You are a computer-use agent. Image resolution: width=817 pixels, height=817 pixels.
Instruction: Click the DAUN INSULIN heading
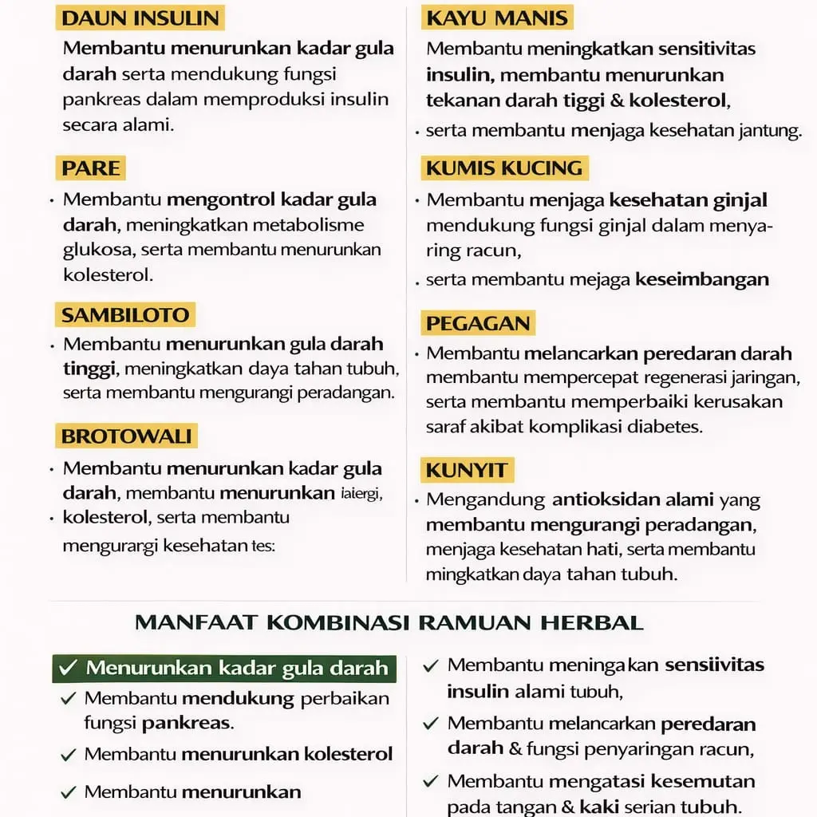tap(140, 18)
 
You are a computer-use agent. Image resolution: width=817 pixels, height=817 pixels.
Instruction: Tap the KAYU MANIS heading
tap(497, 18)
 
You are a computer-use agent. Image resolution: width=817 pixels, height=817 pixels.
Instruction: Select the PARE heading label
tap(91, 168)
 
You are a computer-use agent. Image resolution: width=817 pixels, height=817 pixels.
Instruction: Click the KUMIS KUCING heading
tap(504, 168)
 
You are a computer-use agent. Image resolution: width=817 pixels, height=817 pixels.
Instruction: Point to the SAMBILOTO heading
tap(125, 314)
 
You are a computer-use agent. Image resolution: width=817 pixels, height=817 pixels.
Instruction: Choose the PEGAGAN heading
tap(478, 323)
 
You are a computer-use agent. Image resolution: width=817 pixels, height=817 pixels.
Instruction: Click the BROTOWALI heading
tap(127, 436)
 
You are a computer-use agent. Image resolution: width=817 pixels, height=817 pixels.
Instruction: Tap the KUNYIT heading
tap(466, 470)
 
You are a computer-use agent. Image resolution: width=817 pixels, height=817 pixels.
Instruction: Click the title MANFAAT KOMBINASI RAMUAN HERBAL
tap(389, 622)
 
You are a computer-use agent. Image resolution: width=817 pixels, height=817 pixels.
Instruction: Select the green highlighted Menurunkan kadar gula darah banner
tap(223, 668)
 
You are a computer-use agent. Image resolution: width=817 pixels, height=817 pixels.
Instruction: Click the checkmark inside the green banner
tap(69, 668)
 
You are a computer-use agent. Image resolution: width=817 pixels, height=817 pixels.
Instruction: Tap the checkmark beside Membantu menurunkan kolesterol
tap(69, 754)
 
